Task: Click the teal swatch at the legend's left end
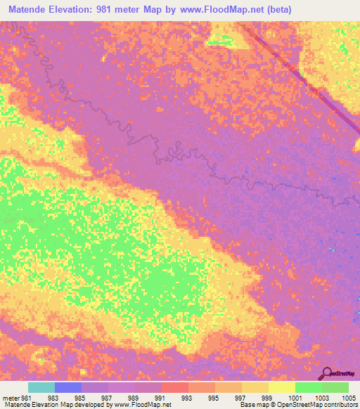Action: (x=41, y=387)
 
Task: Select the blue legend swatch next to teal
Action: (x=68, y=387)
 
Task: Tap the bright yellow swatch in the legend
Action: (x=282, y=387)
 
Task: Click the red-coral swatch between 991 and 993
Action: (x=175, y=387)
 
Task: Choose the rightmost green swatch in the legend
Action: (x=335, y=387)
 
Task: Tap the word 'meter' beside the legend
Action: (x=12, y=397)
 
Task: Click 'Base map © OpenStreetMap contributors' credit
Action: (x=298, y=405)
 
